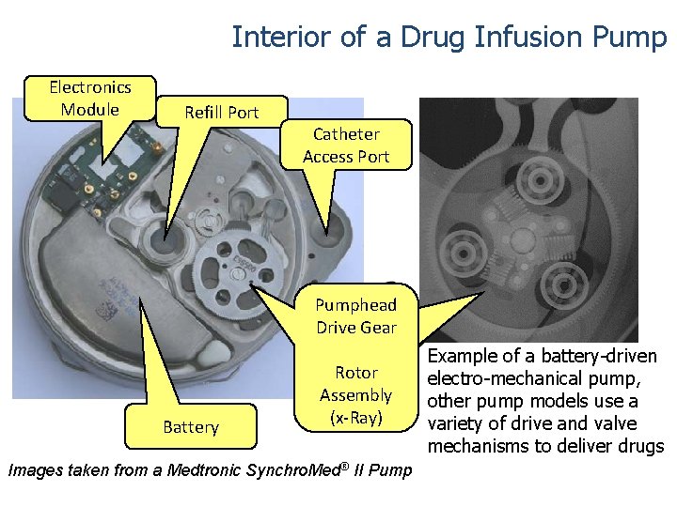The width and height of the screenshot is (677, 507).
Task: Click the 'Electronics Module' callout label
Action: pyautogui.click(x=90, y=99)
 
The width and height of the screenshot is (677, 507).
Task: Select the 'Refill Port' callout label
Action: pyautogui.click(x=221, y=113)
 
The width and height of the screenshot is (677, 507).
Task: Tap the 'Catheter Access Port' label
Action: pyautogui.click(x=346, y=146)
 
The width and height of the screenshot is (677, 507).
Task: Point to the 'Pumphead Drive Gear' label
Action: pyautogui.click(x=355, y=316)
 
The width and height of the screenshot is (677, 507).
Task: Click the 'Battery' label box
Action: pyautogui.click(x=190, y=427)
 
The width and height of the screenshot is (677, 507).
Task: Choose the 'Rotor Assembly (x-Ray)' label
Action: pyautogui.click(x=355, y=395)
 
